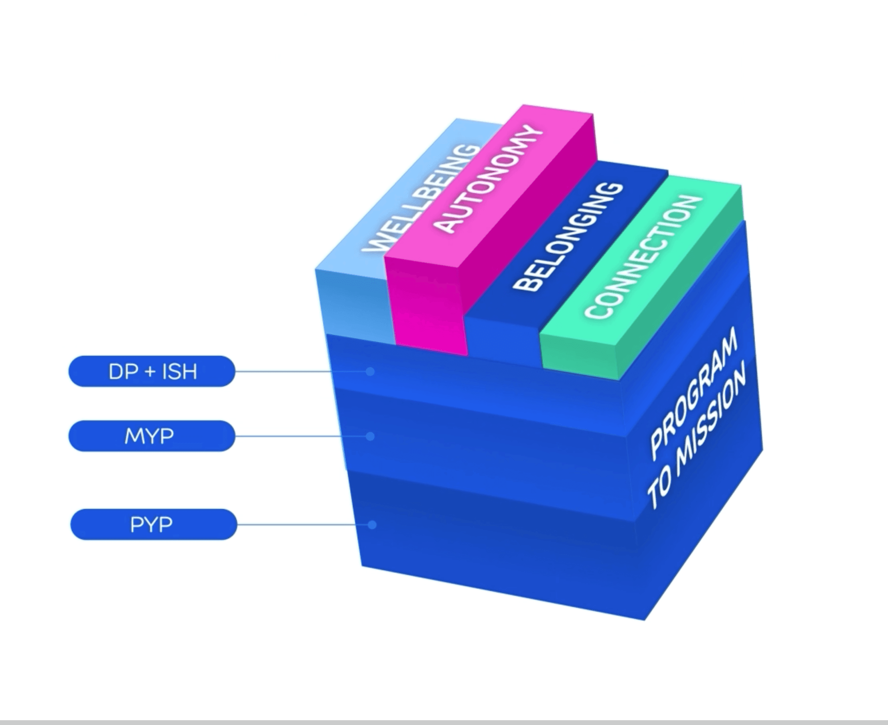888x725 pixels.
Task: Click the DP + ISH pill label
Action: click(x=152, y=371)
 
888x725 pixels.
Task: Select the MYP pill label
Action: click(x=152, y=436)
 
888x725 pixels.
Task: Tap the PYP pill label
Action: click(x=153, y=524)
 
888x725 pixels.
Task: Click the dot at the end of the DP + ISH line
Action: click(x=370, y=371)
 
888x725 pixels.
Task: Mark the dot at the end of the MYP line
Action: click(x=370, y=436)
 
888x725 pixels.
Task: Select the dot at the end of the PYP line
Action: click(x=372, y=524)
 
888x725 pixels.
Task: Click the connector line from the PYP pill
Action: click(x=301, y=524)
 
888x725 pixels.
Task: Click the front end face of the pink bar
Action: click(x=426, y=309)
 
